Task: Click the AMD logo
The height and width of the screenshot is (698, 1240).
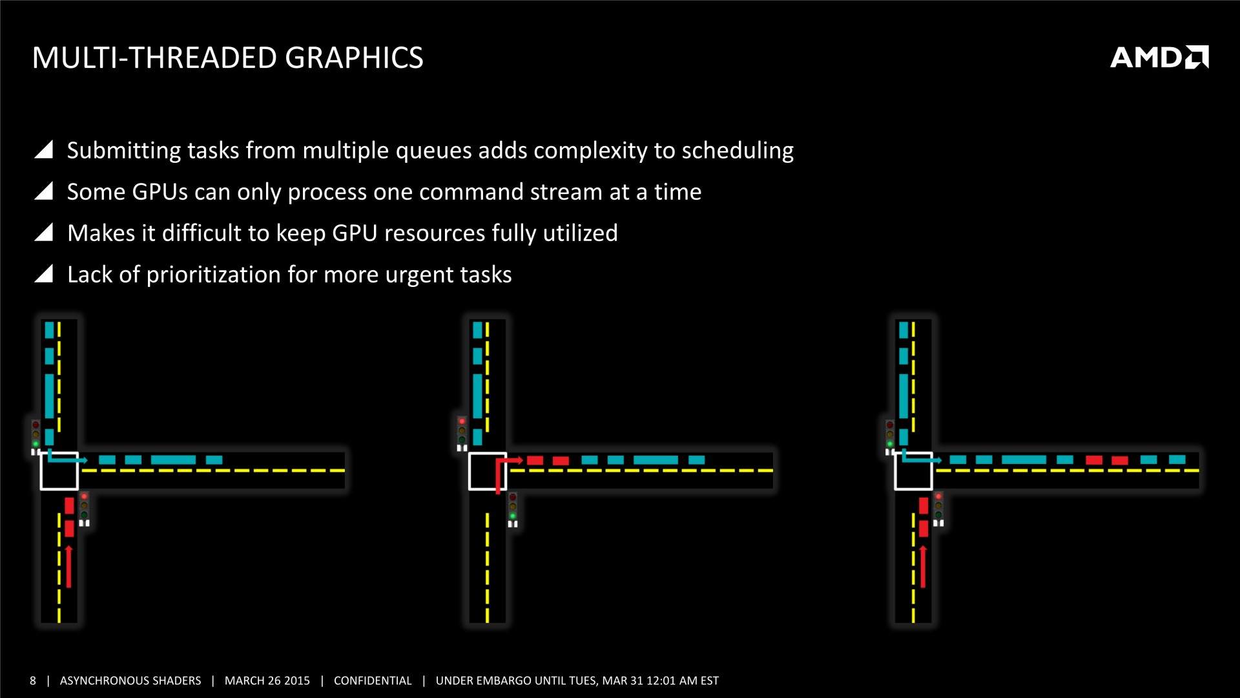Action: tap(1159, 57)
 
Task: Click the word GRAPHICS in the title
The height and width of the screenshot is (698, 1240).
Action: tap(354, 58)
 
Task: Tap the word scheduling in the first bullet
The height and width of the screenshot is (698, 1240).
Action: tap(738, 151)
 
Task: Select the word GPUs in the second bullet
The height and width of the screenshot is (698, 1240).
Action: tap(160, 192)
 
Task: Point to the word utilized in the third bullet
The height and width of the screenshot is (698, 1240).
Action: tap(580, 233)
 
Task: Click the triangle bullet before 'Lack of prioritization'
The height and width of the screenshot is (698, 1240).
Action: tap(43, 274)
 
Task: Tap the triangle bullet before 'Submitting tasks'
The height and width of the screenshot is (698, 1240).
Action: tap(43, 149)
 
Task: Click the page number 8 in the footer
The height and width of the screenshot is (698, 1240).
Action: tap(33, 681)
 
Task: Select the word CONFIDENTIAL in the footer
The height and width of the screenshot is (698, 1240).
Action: tap(373, 681)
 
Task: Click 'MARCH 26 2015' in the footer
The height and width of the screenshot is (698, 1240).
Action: tap(267, 681)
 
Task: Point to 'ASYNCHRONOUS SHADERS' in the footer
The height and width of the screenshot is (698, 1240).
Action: tap(130, 681)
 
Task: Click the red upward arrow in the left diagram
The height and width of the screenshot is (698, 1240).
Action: tap(68, 567)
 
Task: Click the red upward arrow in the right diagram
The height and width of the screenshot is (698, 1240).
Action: tap(923, 567)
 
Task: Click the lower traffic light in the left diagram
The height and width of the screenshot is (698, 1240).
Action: tap(84, 508)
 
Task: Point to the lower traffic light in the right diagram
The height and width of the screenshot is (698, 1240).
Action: tap(938, 508)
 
